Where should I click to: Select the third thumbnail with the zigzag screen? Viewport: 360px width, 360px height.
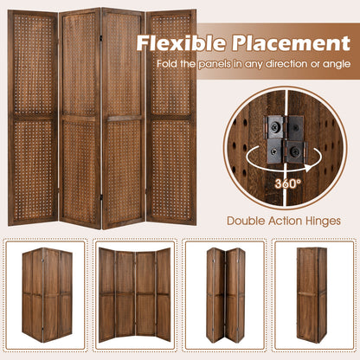(x=224, y=295)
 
